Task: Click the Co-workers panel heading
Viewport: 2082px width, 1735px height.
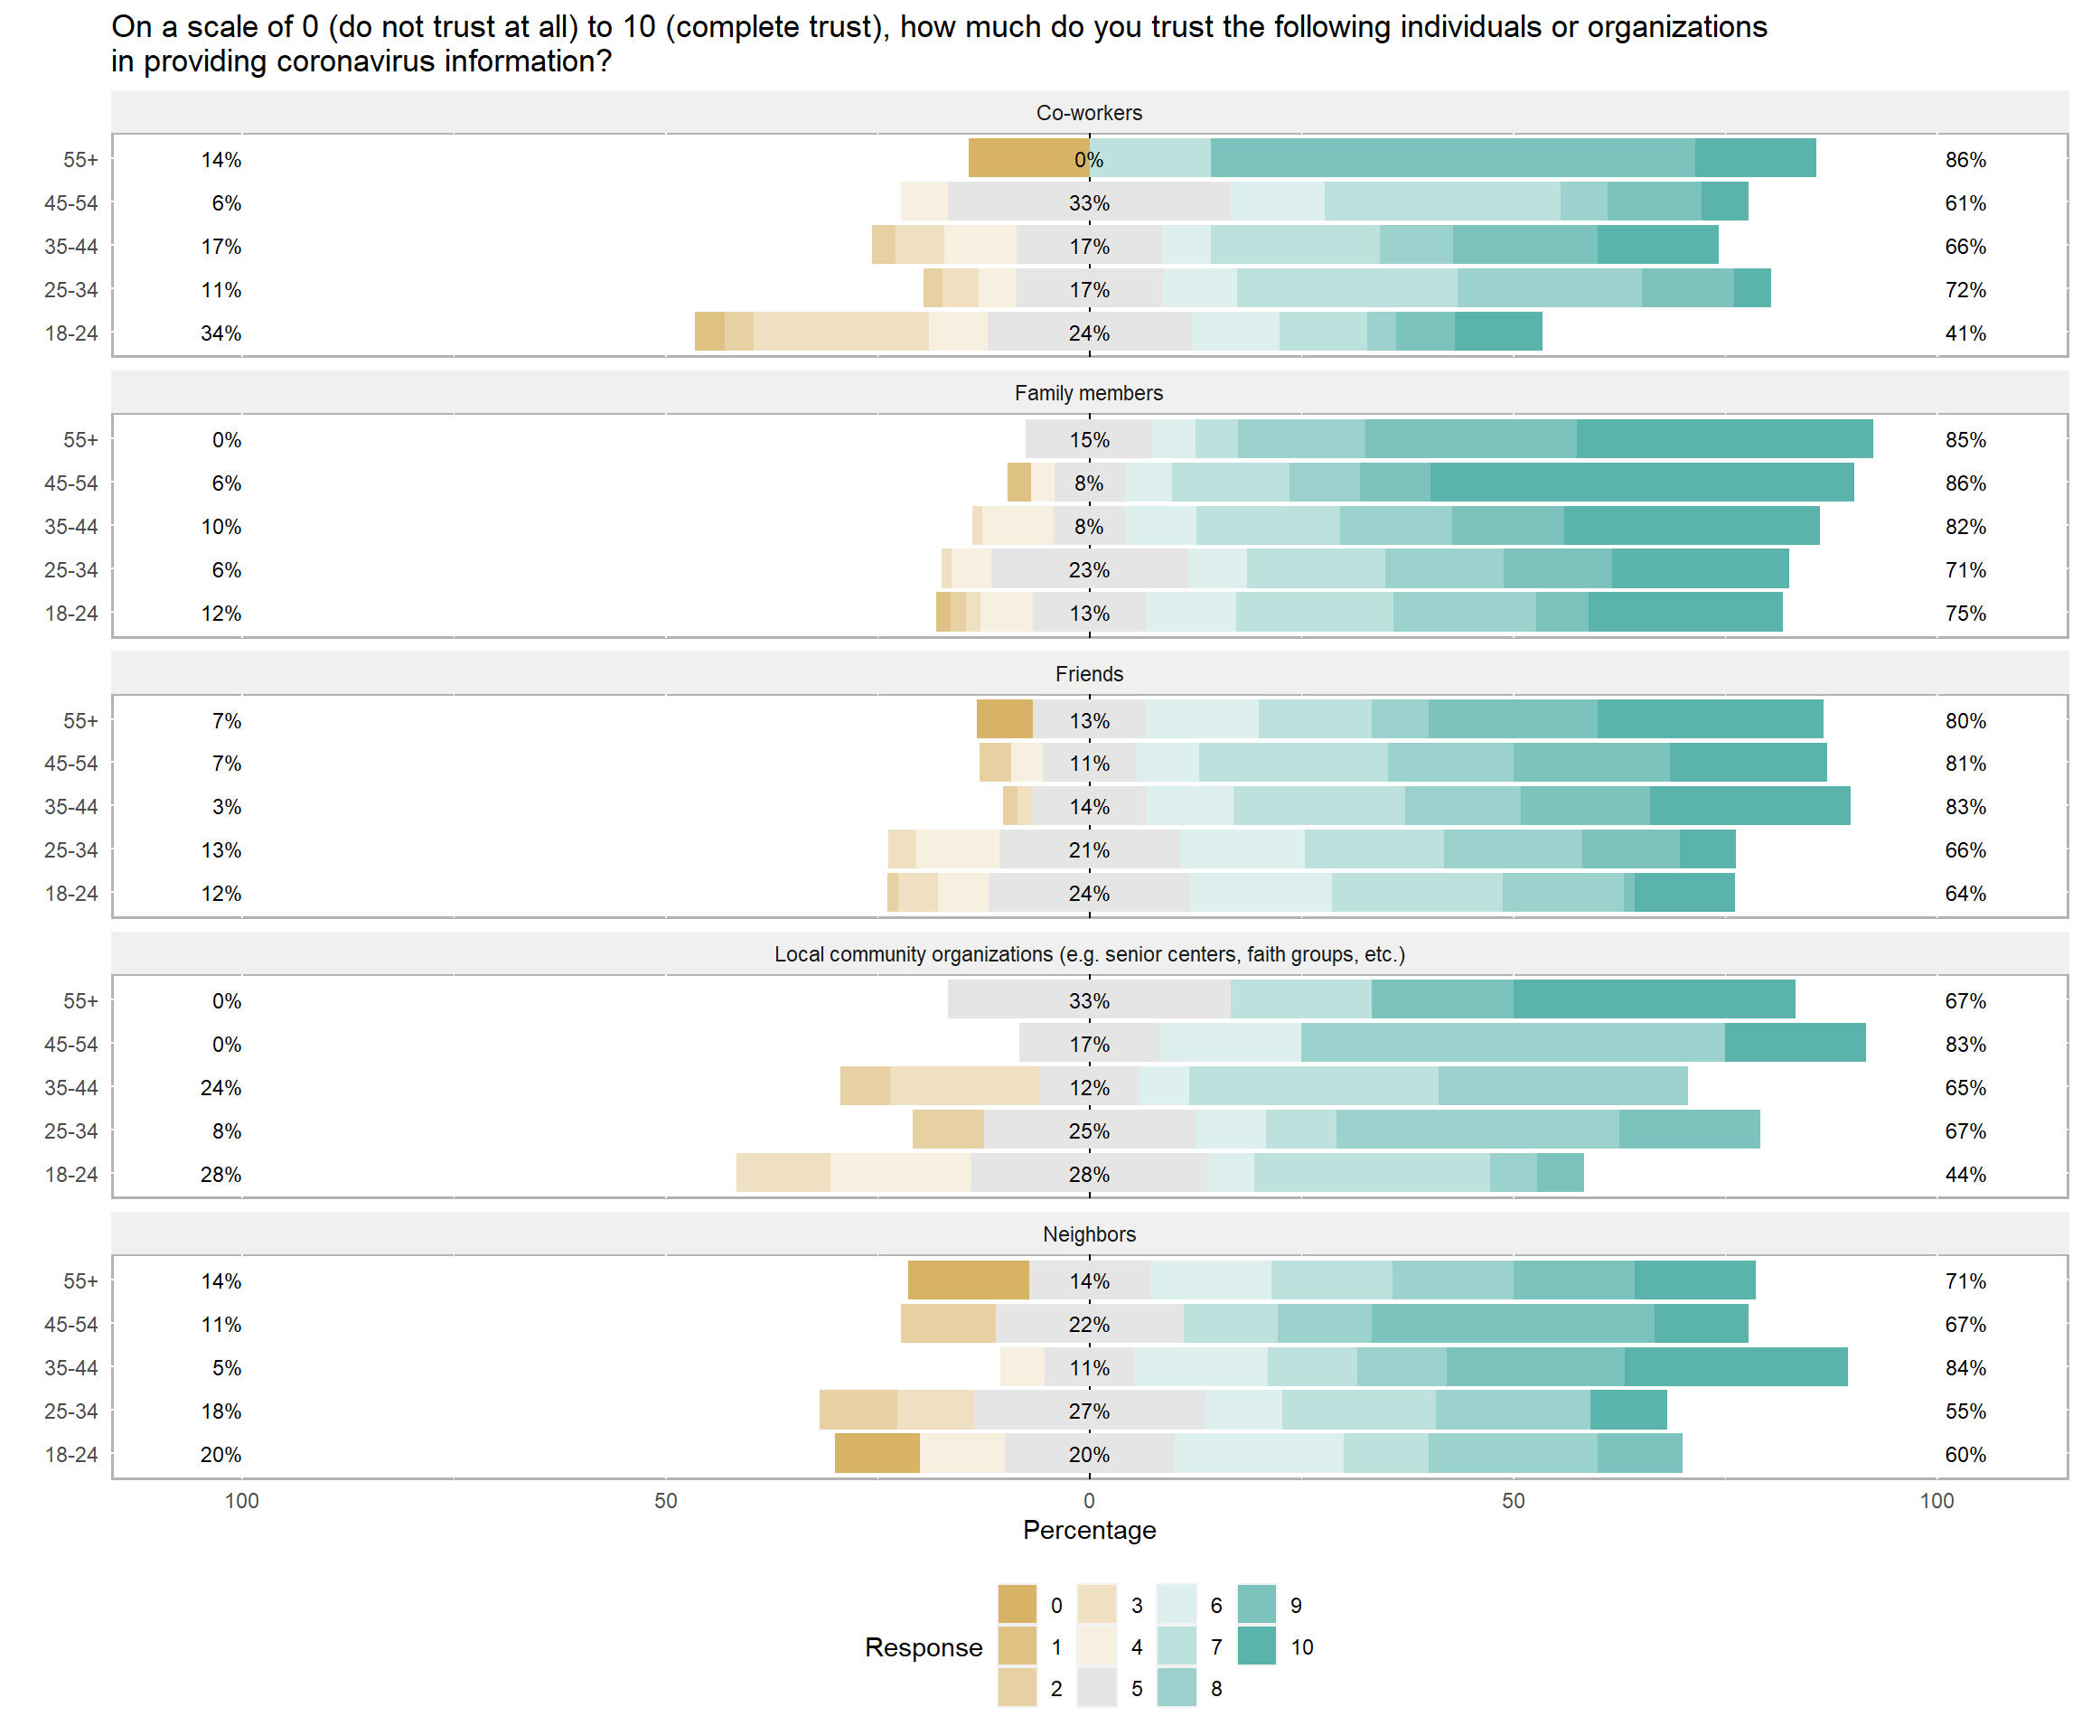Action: (x=1089, y=113)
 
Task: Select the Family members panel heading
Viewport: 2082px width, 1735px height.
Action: (x=1089, y=394)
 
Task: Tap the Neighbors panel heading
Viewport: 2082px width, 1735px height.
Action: (x=1089, y=1234)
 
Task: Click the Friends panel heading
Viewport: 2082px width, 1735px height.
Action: (x=1089, y=674)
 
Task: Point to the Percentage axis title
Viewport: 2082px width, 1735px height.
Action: (x=1089, y=1530)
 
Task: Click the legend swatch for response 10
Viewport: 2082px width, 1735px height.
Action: (x=1257, y=1646)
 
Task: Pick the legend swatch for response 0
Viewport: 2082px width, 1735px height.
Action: (x=1018, y=1605)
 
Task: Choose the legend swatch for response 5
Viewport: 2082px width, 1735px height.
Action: (x=1096, y=1688)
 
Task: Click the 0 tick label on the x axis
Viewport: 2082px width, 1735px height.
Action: (x=1089, y=1501)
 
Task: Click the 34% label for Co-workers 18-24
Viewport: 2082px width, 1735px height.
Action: (x=221, y=333)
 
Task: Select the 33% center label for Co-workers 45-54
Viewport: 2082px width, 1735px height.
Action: (x=1089, y=203)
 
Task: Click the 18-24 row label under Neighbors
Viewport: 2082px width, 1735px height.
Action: (x=71, y=1455)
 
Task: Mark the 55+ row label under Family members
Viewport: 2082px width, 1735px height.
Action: (x=80, y=440)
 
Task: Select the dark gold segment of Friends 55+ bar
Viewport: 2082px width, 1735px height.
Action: (x=1004, y=720)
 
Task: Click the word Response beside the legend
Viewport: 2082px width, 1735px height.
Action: (x=923, y=1647)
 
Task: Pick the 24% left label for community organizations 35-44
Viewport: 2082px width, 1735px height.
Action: (x=221, y=1088)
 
